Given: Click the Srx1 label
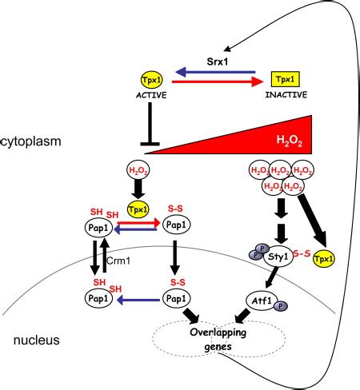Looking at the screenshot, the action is tap(218, 62).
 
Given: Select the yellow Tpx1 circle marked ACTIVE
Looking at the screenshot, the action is tap(151, 80).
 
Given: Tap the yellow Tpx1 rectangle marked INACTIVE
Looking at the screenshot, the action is tap(286, 79).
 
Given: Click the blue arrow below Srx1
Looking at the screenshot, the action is tap(215, 72).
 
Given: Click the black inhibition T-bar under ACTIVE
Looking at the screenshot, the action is tap(150, 124).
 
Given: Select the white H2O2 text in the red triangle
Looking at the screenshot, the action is tap(290, 141).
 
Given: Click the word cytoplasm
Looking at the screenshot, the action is tap(31, 141).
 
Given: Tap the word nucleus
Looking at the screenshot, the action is tap(37, 340).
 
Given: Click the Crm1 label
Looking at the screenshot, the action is tap(118, 261).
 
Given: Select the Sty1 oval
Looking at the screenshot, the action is tap(278, 257).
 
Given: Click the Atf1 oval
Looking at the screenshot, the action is tap(262, 301).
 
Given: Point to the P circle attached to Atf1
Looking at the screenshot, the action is tap(281, 306).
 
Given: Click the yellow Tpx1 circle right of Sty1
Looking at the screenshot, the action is tap(324, 259).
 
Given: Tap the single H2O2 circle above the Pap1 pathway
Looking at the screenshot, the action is tap(138, 170).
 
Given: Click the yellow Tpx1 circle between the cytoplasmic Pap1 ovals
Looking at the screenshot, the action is tap(138, 209).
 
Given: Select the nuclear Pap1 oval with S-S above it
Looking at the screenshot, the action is tap(177, 299).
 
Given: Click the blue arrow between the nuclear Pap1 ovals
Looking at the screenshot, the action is tap(138, 300).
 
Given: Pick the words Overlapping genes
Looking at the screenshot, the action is tap(218, 340).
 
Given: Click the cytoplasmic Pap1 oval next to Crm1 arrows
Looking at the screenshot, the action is tap(98, 228).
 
